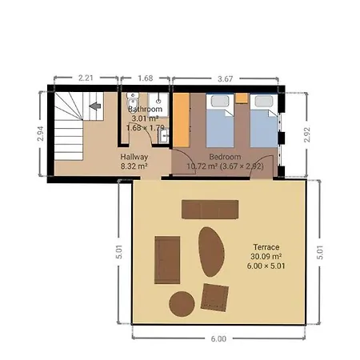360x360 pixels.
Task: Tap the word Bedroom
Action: [x=226, y=156]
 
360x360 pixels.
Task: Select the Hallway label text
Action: [x=134, y=157]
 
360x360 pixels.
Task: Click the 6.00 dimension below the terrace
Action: [x=218, y=338]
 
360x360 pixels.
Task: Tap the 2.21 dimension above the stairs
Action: [x=86, y=78]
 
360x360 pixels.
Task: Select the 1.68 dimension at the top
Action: [x=145, y=78]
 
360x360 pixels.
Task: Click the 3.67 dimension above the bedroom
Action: [x=228, y=78]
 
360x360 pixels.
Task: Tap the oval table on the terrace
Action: [x=210, y=251]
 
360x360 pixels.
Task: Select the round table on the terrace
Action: [x=181, y=304]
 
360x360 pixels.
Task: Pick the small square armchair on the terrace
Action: [x=214, y=298]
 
